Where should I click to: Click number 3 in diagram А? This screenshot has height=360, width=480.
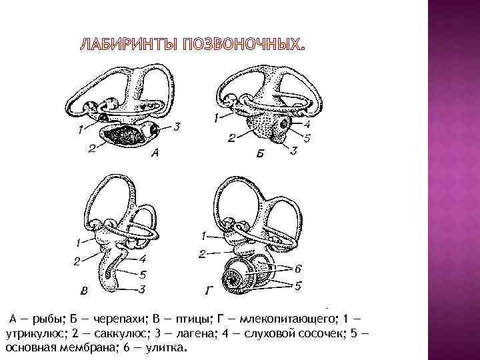(177, 126)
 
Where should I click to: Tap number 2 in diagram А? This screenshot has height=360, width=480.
(91, 149)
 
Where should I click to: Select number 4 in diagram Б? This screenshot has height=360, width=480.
(307, 123)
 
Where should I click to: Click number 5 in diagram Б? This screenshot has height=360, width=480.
(307, 139)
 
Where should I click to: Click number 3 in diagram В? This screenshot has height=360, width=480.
(143, 289)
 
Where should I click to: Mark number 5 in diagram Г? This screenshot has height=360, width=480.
(297, 286)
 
